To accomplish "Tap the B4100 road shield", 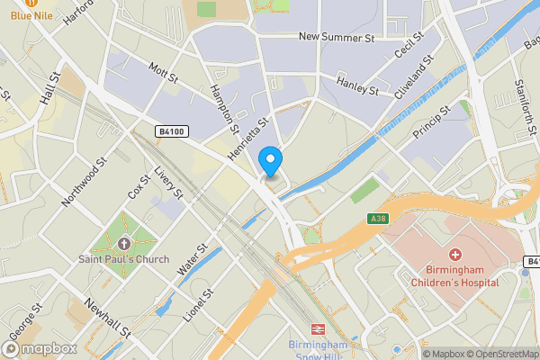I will (171, 131).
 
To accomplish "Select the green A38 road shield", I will (378, 218).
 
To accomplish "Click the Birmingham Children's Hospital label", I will (454, 276).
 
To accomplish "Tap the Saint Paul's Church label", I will (123, 261).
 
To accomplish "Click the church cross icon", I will (123, 244).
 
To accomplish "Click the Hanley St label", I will (357, 86).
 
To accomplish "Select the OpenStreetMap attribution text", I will (499, 354).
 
